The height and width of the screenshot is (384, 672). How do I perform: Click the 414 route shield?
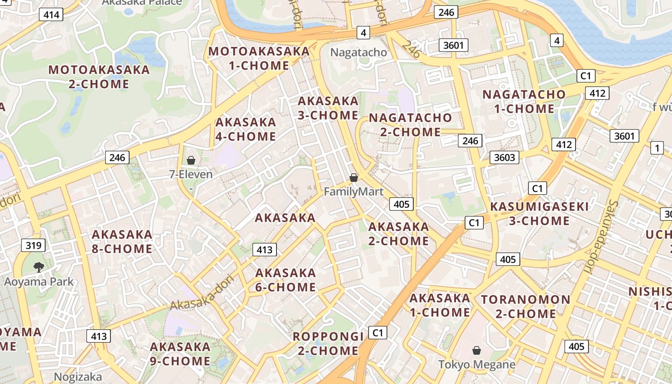51,14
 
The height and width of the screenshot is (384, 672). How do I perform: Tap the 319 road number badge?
33,246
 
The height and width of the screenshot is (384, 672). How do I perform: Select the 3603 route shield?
504,157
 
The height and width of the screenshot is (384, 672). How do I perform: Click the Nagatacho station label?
359,52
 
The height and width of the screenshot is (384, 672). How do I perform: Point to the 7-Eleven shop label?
191,174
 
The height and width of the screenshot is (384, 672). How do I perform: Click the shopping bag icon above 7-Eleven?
191,160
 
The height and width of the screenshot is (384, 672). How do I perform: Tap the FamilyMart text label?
354,192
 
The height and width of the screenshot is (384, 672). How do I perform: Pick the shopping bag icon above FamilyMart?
354,178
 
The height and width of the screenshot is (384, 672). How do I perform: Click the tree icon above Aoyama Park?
38,267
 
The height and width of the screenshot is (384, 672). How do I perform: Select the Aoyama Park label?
39,281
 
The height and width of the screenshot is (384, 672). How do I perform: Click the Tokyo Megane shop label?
477,365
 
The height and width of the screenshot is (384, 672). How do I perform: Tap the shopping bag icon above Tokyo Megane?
477,351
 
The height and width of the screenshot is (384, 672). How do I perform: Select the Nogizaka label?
78,377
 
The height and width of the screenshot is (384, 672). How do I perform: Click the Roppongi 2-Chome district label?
328,344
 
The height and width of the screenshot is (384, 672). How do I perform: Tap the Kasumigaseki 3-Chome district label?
539,214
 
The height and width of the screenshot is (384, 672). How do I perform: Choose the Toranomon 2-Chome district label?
526,307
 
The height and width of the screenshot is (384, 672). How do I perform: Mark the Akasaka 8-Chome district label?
122,241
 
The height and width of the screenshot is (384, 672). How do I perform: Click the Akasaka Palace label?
142,2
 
